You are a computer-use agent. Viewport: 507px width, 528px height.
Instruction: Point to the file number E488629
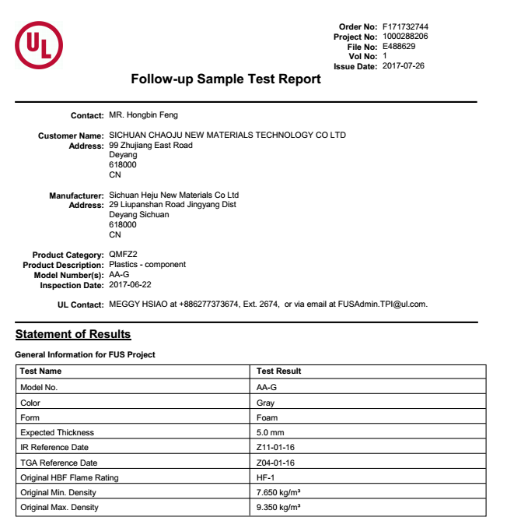pos(399,47)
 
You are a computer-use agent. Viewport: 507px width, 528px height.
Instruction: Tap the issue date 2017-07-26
pos(404,66)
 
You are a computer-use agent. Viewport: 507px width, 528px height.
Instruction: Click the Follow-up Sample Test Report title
pos(226,79)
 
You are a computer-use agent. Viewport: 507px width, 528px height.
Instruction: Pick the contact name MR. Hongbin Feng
pos(143,115)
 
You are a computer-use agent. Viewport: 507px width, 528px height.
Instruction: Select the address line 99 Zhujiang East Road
pos(151,146)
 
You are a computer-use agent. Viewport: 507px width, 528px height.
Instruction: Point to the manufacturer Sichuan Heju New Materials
pos(173,195)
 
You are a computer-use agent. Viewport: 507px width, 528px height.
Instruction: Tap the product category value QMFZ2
pos(123,255)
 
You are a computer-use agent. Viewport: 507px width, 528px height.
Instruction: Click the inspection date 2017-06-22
pos(130,285)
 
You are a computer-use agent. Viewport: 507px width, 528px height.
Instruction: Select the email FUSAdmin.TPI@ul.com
pos(382,304)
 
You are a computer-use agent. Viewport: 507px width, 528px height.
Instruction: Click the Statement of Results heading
pos(73,334)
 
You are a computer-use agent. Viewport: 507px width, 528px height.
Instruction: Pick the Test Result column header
pos(278,371)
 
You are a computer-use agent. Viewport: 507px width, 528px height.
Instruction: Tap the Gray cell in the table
pos(265,403)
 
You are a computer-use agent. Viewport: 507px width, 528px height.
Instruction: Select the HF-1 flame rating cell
pos(266,477)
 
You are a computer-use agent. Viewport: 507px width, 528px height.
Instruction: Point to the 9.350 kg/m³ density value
pos(278,508)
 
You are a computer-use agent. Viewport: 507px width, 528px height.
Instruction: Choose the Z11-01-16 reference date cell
pos(275,448)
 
